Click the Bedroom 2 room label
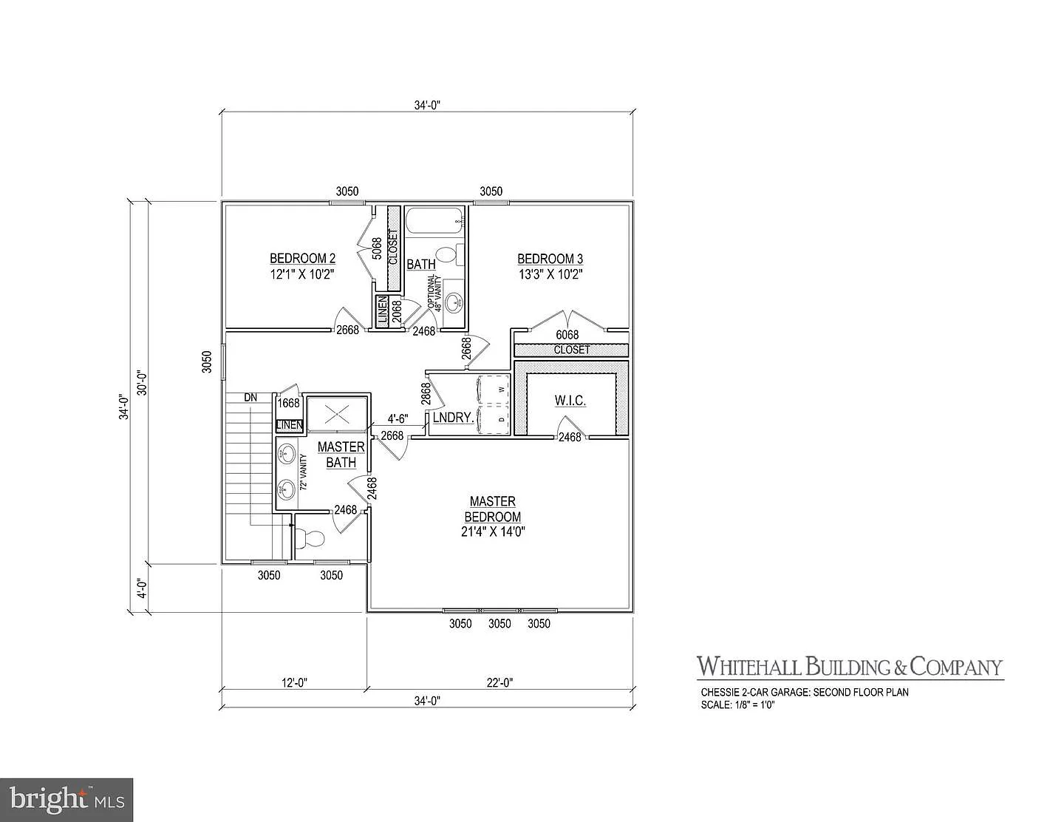click(302, 258)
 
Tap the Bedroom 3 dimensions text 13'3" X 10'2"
click(550, 274)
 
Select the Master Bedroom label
click(492, 509)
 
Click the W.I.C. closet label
click(570, 401)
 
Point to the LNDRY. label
click(453, 418)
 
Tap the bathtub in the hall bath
click(434, 220)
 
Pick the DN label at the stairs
click(251, 398)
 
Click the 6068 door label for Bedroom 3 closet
click(567, 335)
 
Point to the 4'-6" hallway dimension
click(398, 418)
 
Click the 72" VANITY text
click(303, 474)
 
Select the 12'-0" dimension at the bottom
click(294, 683)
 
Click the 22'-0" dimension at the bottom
click(500, 683)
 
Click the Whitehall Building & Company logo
click(850, 667)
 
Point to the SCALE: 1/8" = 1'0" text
click(737, 705)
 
